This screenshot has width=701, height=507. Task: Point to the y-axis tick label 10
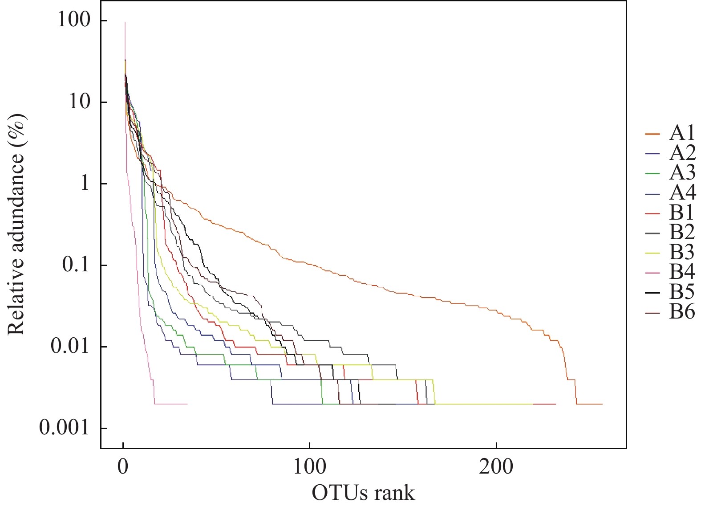[78, 102]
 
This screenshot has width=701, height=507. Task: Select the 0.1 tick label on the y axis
[75, 265]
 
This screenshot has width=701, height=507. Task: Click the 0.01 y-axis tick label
[69, 347]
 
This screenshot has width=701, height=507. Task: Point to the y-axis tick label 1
[84, 184]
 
